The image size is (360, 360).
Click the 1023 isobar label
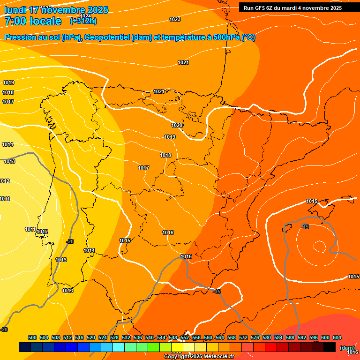coord(175,19)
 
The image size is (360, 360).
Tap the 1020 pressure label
coord(177,125)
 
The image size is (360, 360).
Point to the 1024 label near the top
coord(85,16)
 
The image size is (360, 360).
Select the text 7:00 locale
coord(33,21)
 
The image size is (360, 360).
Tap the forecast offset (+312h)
coord(83,21)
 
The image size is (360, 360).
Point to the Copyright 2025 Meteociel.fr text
coord(199,357)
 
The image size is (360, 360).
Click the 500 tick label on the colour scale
coord(32,337)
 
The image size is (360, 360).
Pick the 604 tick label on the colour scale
coord(337,337)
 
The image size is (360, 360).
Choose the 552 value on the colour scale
coord(185,337)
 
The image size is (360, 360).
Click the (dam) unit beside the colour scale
coord(347,347)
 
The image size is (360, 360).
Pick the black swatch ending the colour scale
coord(330,347)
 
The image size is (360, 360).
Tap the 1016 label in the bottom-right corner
coord(352,352)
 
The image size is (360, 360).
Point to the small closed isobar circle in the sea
coord(320,246)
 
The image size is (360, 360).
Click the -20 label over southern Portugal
coord(70,241)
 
